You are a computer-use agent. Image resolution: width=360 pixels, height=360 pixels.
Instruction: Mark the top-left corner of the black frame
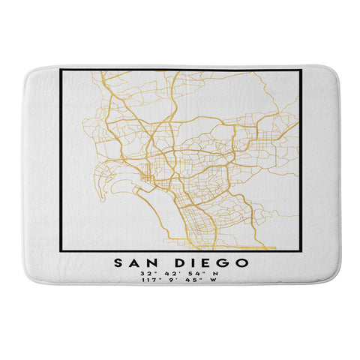tap(61, 70)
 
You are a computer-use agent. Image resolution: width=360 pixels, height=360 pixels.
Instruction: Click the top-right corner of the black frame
tap(300, 70)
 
